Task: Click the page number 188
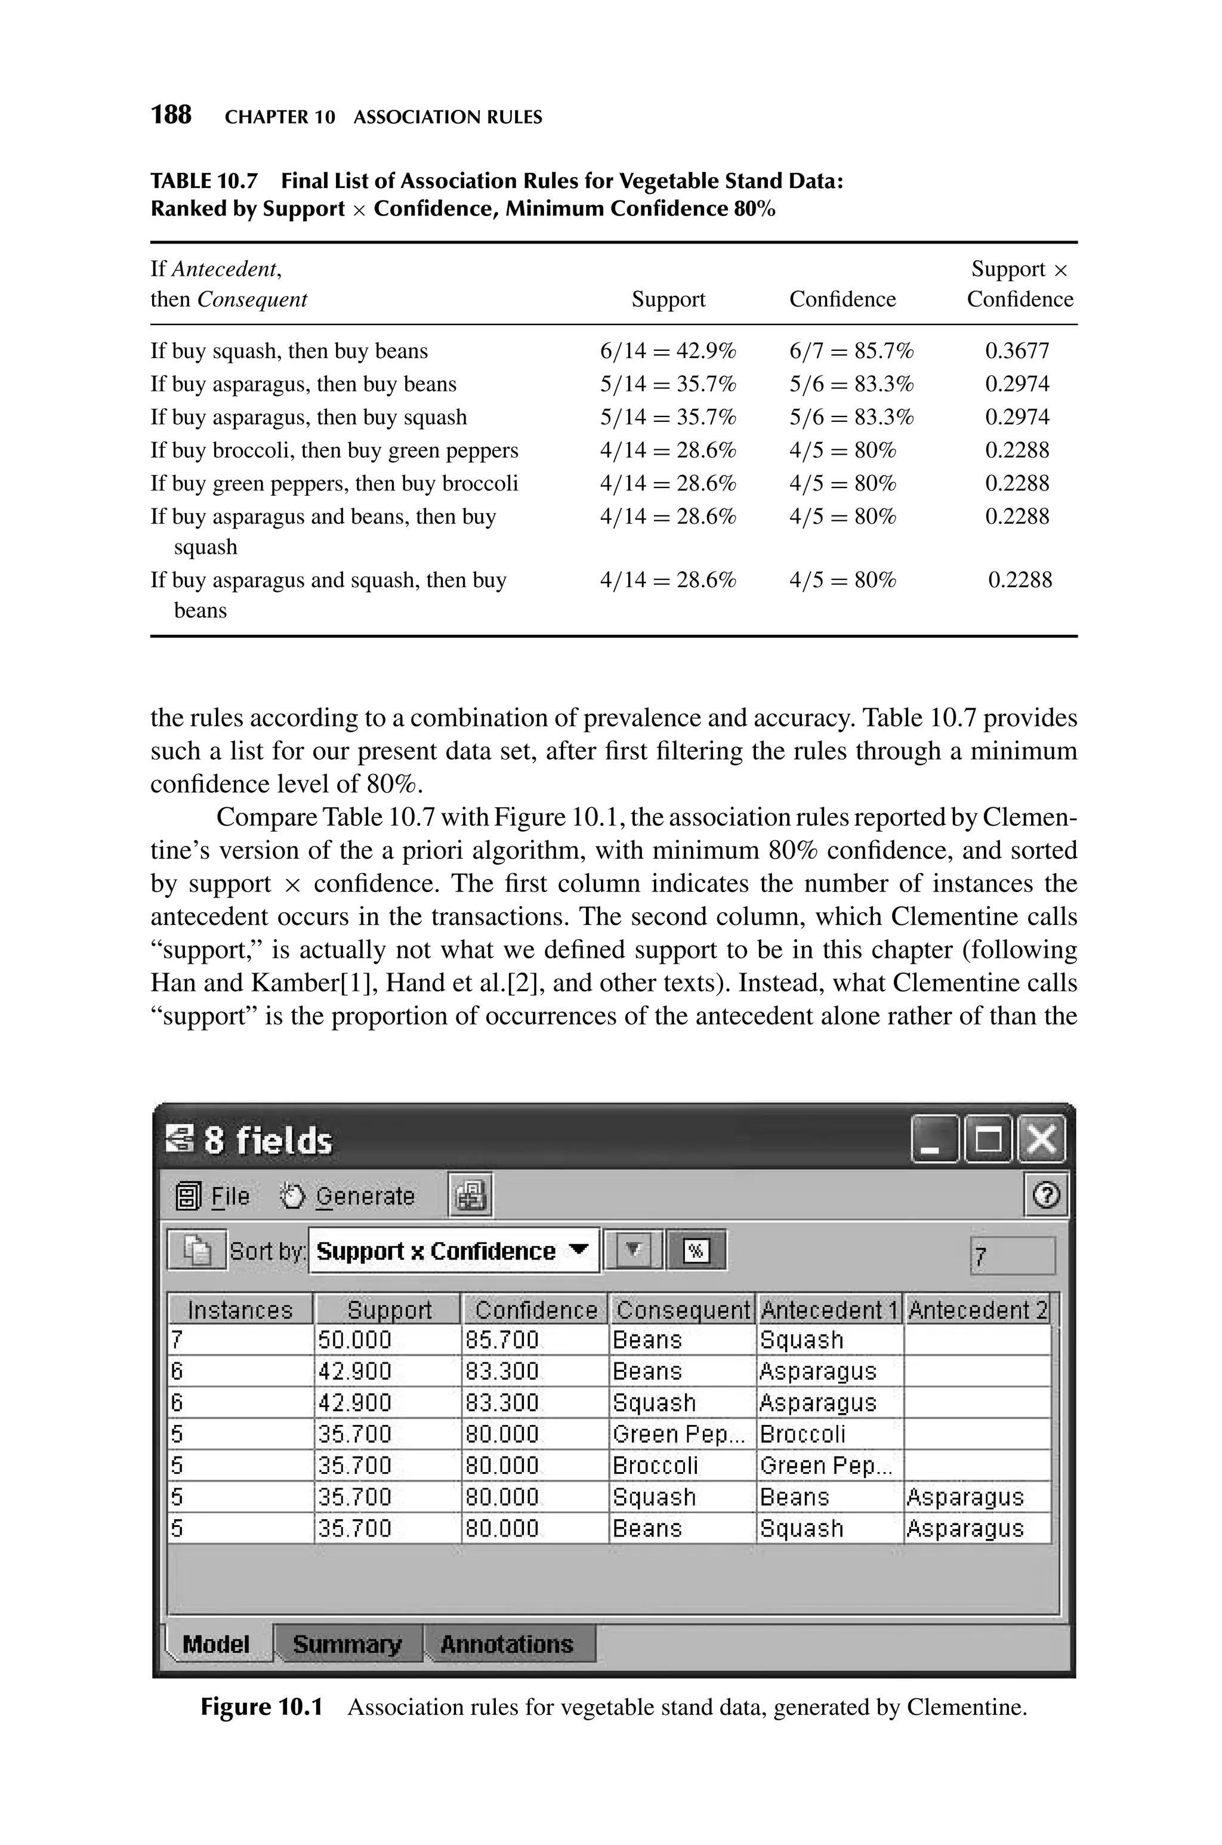coord(171,115)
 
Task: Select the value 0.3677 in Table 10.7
coord(1017,351)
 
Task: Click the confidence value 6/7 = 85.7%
coord(851,351)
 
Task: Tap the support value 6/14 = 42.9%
coord(668,351)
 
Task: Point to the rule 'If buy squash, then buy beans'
coord(289,351)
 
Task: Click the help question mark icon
coord(1045,1195)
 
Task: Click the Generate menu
coord(348,1196)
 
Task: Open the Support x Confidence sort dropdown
coord(453,1251)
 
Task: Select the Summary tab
coord(348,1645)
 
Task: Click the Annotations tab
coord(507,1645)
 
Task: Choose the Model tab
coord(216,1645)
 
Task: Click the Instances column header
coord(240,1310)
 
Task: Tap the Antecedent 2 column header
coord(977,1310)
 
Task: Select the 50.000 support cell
coord(354,1340)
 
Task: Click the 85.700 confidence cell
coord(502,1340)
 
